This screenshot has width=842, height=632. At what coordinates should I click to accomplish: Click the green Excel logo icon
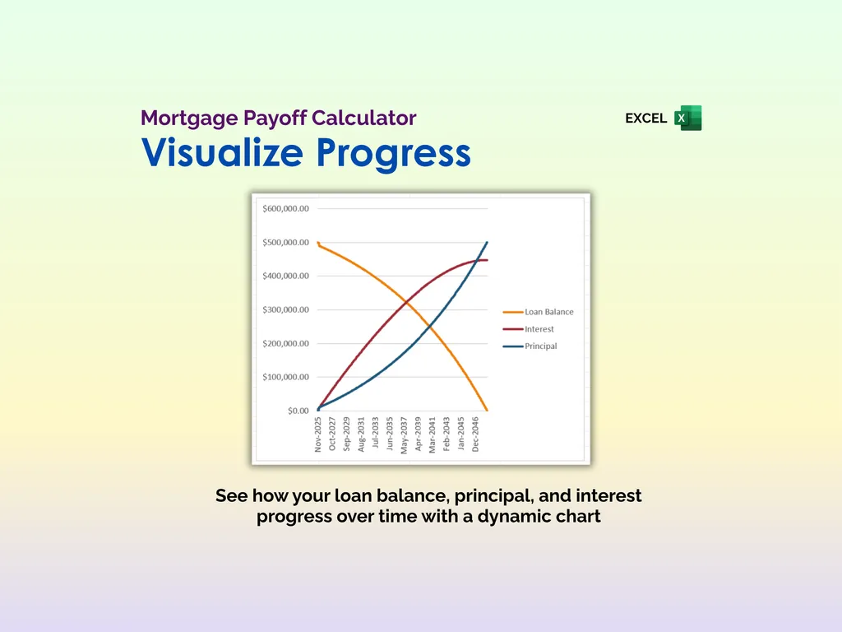pyautogui.click(x=688, y=118)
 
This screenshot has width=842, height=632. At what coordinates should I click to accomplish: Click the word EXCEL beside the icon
pyautogui.click(x=645, y=118)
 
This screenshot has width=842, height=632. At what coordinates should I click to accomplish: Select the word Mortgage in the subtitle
pyautogui.click(x=189, y=118)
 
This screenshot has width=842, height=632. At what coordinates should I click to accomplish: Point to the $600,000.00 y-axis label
pyautogui.click(x=285, y=209)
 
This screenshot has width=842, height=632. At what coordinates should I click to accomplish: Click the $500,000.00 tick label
pyautogui.click(x=285, y=243)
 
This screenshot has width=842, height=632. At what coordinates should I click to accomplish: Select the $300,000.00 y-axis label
pyautogui.click(x=285, y=310)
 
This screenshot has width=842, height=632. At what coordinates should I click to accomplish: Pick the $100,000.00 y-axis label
pyautogui.click(x=285, y=377)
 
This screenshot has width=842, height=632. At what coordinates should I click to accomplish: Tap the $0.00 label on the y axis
pyautogui.click(x=298, y=411)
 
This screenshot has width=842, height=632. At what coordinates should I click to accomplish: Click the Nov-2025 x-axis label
pyautogui.click(x=318, y=434)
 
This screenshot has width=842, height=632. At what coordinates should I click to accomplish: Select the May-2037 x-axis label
pyautogui.click(x=404, y=434)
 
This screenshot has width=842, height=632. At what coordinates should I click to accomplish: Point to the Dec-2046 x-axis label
pyautogui.click(x=475, y=434)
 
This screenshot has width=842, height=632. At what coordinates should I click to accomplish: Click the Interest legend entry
pyautogui.click(x=539, y=329)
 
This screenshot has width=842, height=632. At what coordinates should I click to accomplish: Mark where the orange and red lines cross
pyautogui.click(x=405, y=304)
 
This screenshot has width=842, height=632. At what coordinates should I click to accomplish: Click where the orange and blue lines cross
pyautogui.click(x=428, y=328)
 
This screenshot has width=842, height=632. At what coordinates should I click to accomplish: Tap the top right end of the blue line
pyautogui.click(x=487, y=243)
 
